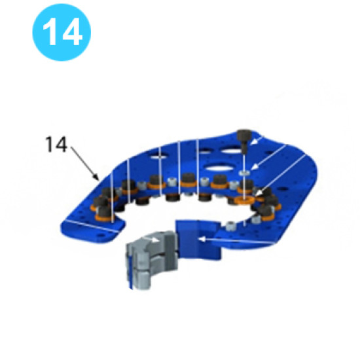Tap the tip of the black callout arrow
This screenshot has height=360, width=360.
99,180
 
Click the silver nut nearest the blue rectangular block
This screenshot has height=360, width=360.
231,226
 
